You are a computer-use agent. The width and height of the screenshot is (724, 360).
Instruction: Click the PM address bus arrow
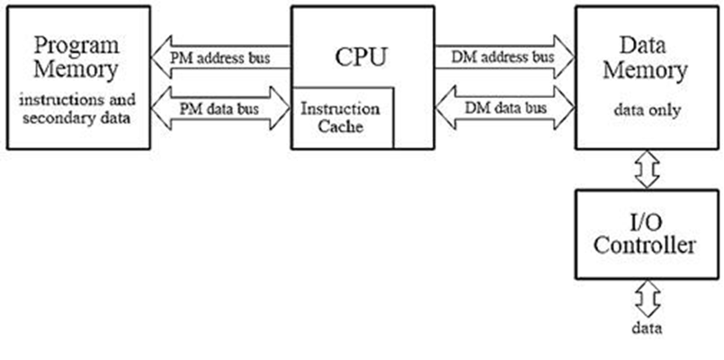(220, 59)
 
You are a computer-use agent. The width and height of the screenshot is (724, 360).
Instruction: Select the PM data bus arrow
(220, 110)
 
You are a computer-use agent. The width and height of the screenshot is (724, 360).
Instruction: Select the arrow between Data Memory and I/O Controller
(647, 169)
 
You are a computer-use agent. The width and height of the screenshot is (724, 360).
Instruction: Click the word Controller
(647, 245)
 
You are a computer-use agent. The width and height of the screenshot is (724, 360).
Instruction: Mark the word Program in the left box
(76, 44)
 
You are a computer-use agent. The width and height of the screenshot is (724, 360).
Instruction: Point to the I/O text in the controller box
(647, 220)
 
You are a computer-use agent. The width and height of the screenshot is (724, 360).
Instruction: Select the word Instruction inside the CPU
(340, 108)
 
